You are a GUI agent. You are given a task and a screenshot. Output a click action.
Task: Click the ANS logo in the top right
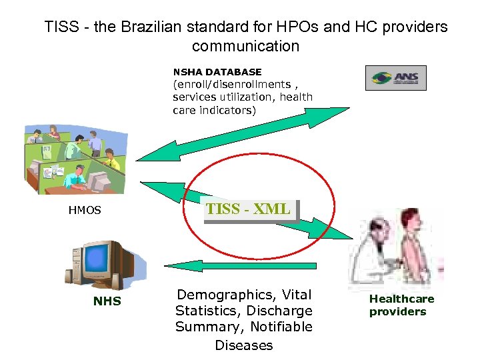[x=395, y=77]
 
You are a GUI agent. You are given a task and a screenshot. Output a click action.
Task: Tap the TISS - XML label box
[x=249, y=209]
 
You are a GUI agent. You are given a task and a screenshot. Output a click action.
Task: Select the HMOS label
[x=85, y=210]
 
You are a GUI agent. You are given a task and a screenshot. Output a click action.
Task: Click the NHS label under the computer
[x=107, y=301]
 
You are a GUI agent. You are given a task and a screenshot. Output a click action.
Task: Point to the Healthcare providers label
[x=401, y=305]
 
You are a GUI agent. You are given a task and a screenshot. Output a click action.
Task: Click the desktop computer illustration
[x=100, y=263]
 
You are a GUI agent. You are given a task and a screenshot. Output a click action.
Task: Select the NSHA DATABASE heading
[x=217, y=71]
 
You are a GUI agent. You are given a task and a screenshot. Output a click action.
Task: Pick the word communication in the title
[x=245, y=46]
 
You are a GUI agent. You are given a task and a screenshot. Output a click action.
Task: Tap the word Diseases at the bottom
[x=243, y=345]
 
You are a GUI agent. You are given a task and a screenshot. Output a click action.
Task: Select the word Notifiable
[x=280, y=327]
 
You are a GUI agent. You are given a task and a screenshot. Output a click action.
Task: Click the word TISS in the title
[x=61, y=27]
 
